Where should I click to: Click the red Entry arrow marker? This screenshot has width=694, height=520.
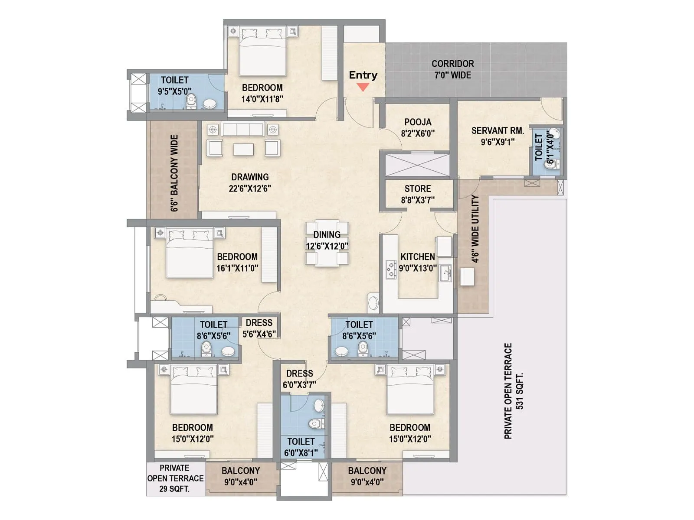pos(363,87)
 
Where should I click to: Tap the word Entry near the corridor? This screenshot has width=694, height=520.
pos(363,75)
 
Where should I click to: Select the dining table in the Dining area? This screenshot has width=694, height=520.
pos(327,244)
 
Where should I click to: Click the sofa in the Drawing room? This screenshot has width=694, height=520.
pos(243,129)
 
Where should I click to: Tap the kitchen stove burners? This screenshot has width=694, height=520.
pos(391,269)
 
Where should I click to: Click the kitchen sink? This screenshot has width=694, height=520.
pos(445,273)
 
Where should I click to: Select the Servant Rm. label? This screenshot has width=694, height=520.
pos(498,130)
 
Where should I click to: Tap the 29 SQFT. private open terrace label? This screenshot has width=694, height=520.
pos(175,489)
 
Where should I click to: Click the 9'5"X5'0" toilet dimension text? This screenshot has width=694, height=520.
pos(174,91)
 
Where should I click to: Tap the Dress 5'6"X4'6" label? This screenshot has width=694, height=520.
pos(259,328)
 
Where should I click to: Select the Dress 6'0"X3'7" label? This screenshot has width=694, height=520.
pos(299,379)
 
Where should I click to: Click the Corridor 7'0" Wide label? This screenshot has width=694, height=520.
pos(452,69)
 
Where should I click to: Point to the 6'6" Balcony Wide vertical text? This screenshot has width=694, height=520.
pos(174,173)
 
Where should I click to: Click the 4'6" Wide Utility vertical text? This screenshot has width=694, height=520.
pos(475,229)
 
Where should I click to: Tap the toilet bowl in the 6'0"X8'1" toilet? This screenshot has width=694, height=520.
pos(314,423)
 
